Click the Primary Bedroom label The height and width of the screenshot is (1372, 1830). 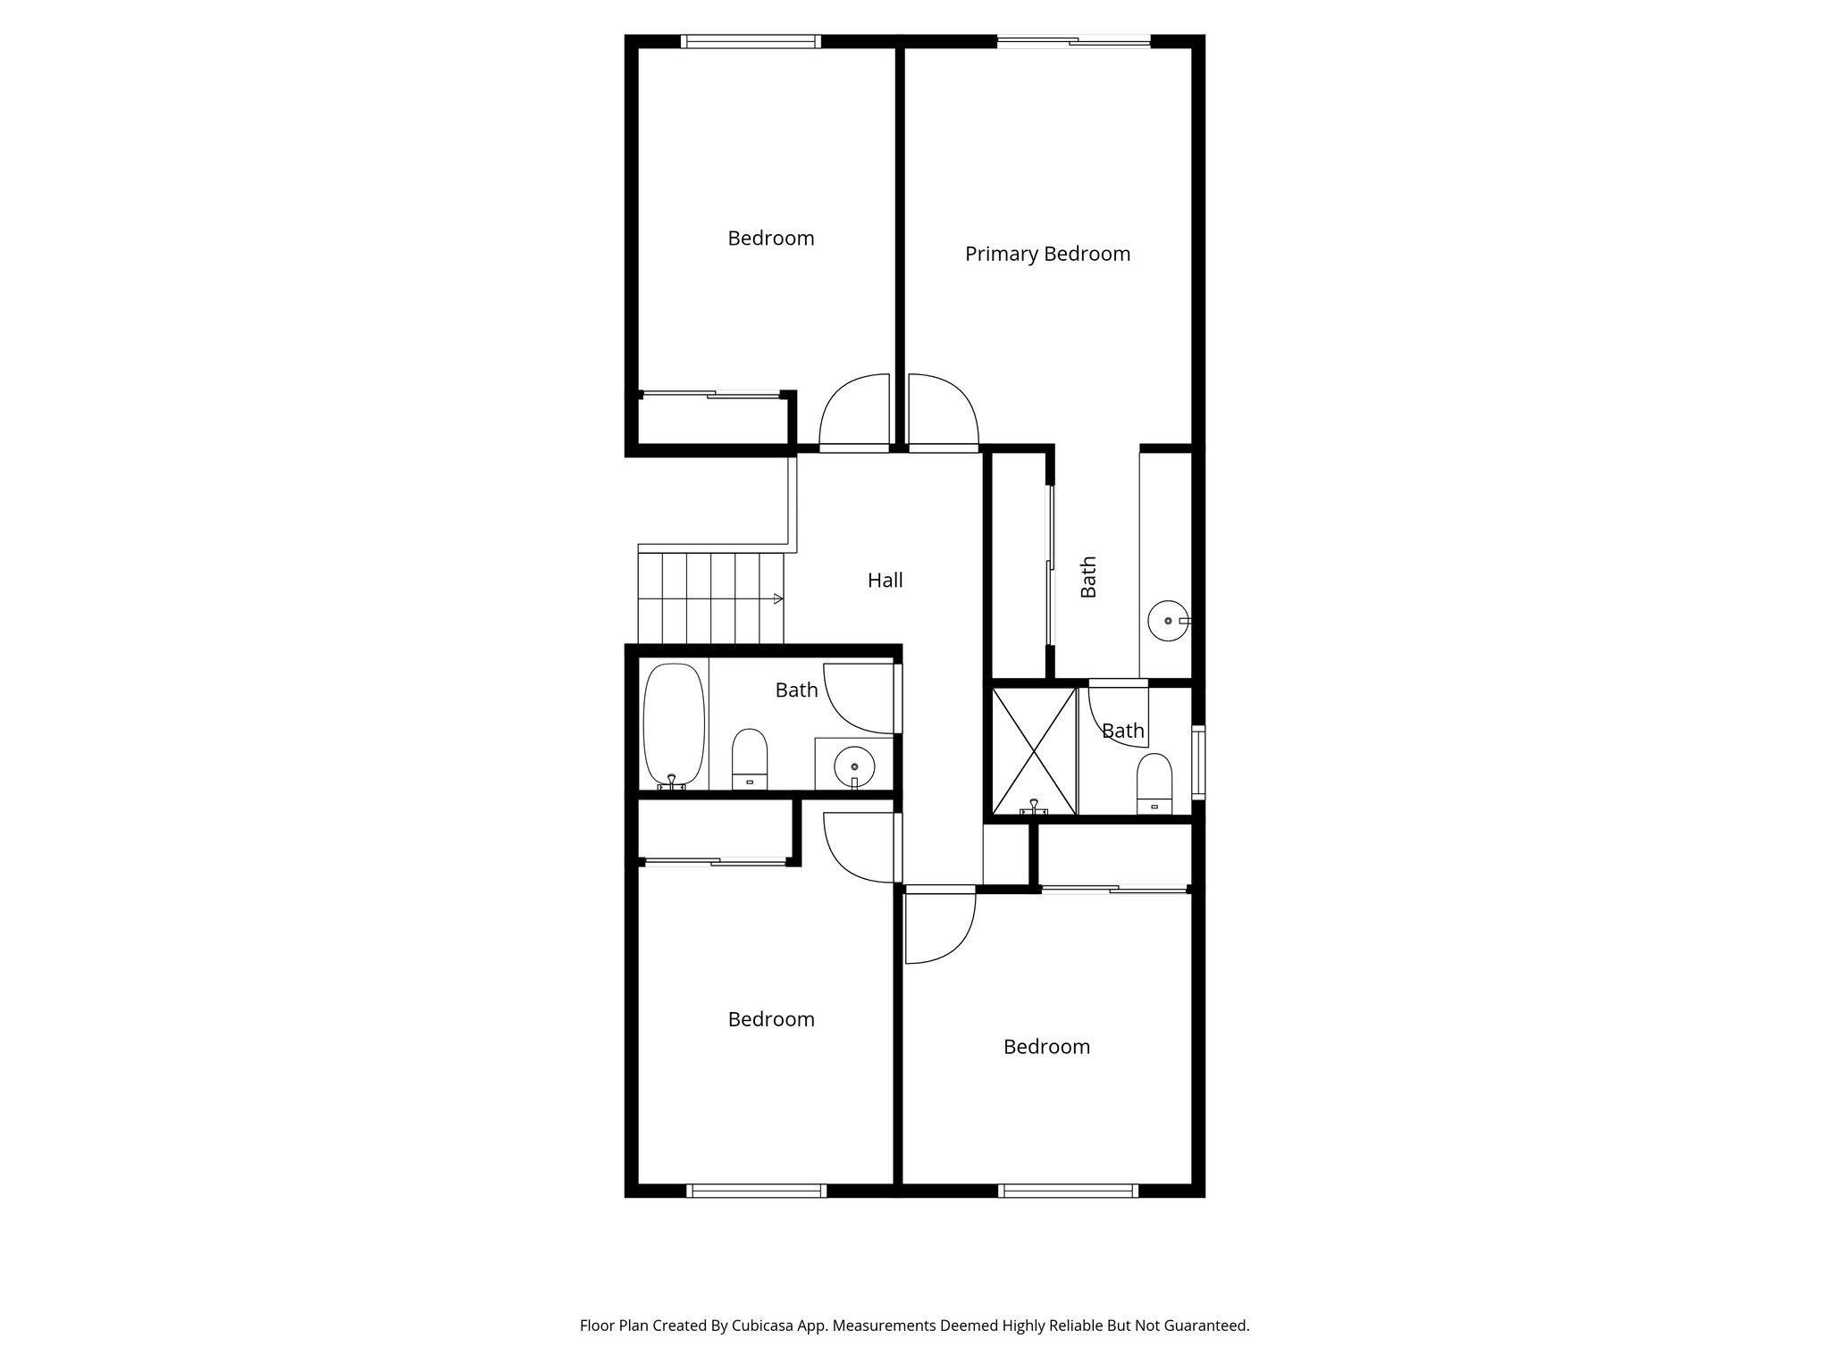1047,254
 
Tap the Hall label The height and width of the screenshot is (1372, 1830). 885,581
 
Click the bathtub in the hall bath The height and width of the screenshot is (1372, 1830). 674,726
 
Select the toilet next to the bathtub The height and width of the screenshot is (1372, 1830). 750,759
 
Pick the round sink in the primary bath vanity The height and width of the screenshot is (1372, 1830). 1167,620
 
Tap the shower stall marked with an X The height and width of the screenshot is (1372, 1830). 1034,750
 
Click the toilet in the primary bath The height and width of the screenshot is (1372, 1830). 1154,782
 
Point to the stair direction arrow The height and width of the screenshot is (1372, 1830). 777,598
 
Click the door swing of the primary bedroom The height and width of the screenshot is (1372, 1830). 943,409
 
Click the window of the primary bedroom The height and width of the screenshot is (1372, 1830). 1073,40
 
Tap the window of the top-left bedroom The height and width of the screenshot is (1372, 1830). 751,40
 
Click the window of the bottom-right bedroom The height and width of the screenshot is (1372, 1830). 1067,1191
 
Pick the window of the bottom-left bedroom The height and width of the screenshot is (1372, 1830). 756,1191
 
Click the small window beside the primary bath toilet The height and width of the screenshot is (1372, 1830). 1199,762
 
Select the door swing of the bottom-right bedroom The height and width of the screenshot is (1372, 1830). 938,929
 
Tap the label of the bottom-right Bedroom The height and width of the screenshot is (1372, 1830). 1046,1047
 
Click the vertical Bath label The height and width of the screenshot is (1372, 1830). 1088,577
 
